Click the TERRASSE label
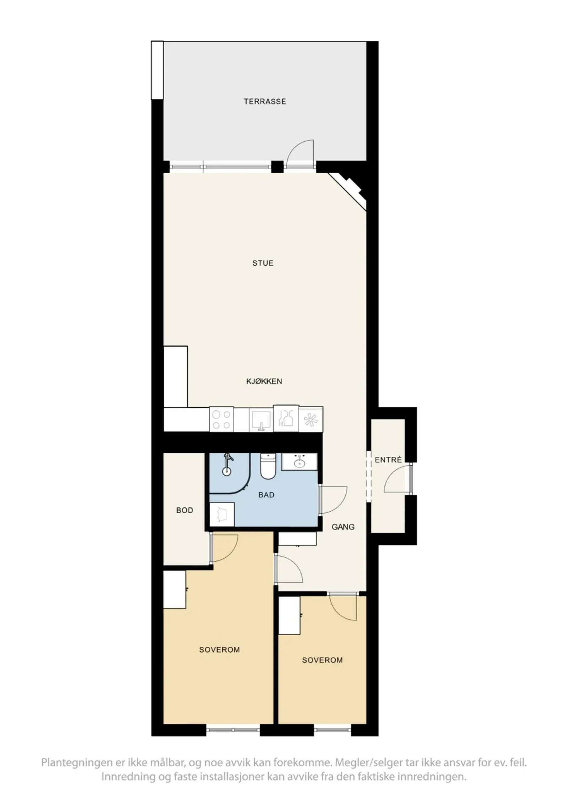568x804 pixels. (264, 102)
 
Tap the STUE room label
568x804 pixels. (263, 263)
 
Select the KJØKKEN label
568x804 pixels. (264, 381)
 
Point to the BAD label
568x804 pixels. (266, 495)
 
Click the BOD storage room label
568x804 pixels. (185, 510)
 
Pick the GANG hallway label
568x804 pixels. (343, 527)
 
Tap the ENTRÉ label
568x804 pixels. (388, 460)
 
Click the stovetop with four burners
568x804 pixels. (222, 419)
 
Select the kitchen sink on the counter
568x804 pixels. (261, 420)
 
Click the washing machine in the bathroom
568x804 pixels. (222, 514)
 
